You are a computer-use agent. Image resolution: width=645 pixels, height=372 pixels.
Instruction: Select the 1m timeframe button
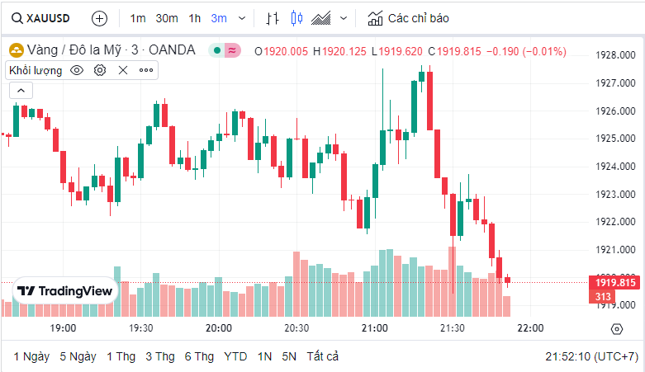tap(138, 17)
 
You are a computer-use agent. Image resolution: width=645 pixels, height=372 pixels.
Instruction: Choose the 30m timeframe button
tap(167, 17)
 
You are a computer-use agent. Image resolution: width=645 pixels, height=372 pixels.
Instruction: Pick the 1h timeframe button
tap(194, 17)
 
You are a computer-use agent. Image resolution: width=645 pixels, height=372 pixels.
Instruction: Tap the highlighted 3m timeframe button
tap(219, 17)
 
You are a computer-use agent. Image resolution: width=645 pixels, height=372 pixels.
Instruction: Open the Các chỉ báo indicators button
tap(409, 17)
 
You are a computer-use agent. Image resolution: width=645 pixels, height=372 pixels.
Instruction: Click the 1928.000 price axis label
tap(615, 55)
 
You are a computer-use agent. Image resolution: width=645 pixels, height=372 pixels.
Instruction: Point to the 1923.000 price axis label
tap(615, 195)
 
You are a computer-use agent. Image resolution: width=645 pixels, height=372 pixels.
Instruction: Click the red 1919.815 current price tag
tap(615, 283)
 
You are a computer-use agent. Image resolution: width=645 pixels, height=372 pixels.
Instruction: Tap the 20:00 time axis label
tap(219, 328)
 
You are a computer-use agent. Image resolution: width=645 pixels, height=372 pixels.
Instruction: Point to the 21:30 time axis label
tap(453, 328)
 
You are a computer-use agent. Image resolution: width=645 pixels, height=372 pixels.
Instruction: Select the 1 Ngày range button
tap(31, 356)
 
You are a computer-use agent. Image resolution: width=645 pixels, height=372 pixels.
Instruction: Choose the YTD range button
tap(235, 356)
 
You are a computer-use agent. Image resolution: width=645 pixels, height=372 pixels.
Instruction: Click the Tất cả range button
tap(322, 356)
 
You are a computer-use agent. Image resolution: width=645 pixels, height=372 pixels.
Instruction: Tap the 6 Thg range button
tap(199, 356)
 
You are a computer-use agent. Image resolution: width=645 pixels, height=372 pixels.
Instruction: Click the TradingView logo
tap(65, 291)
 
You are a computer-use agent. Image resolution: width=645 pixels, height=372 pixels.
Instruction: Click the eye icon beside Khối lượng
tap(77, 70)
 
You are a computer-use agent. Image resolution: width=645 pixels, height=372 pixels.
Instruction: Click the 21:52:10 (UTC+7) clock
tap(591, 356)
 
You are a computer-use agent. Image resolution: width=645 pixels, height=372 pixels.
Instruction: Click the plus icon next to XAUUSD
tap(99, 17)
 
